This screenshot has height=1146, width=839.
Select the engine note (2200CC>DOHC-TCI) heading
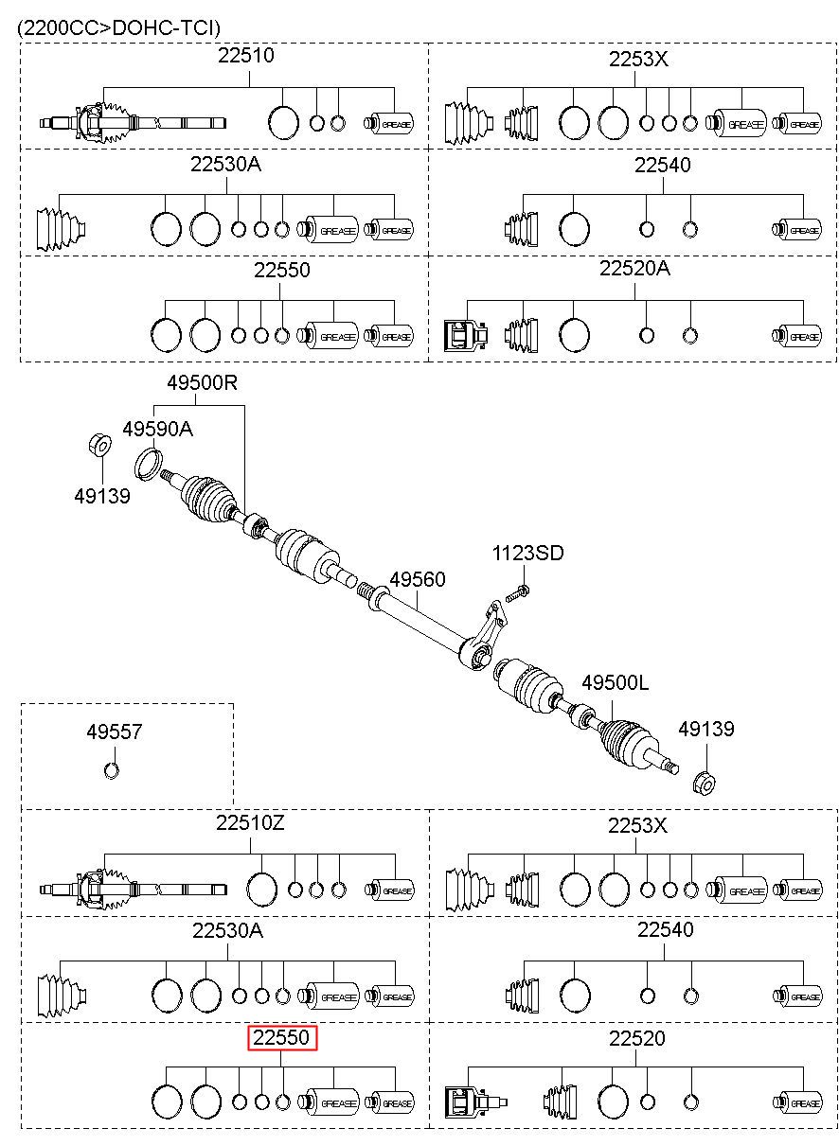(118, 27)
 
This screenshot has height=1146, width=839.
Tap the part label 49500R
(203, 382)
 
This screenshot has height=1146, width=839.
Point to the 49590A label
(157, 430)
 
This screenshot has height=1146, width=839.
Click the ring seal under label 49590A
(149, 464)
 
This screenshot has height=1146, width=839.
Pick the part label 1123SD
(527, 553)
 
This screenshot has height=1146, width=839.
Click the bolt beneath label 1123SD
(518, 593)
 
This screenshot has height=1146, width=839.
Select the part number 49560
(418, 580)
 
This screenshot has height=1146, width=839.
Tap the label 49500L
(616, 682)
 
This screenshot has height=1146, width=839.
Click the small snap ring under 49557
(112, 770)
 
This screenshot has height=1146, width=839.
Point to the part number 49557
(115, 732)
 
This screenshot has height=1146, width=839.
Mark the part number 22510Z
(250, 822)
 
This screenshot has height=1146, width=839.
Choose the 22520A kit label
(634, 268)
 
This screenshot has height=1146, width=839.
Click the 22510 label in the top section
(246, 55)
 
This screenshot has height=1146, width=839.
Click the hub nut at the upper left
(99, 445)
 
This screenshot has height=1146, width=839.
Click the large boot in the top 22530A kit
(61, 230)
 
